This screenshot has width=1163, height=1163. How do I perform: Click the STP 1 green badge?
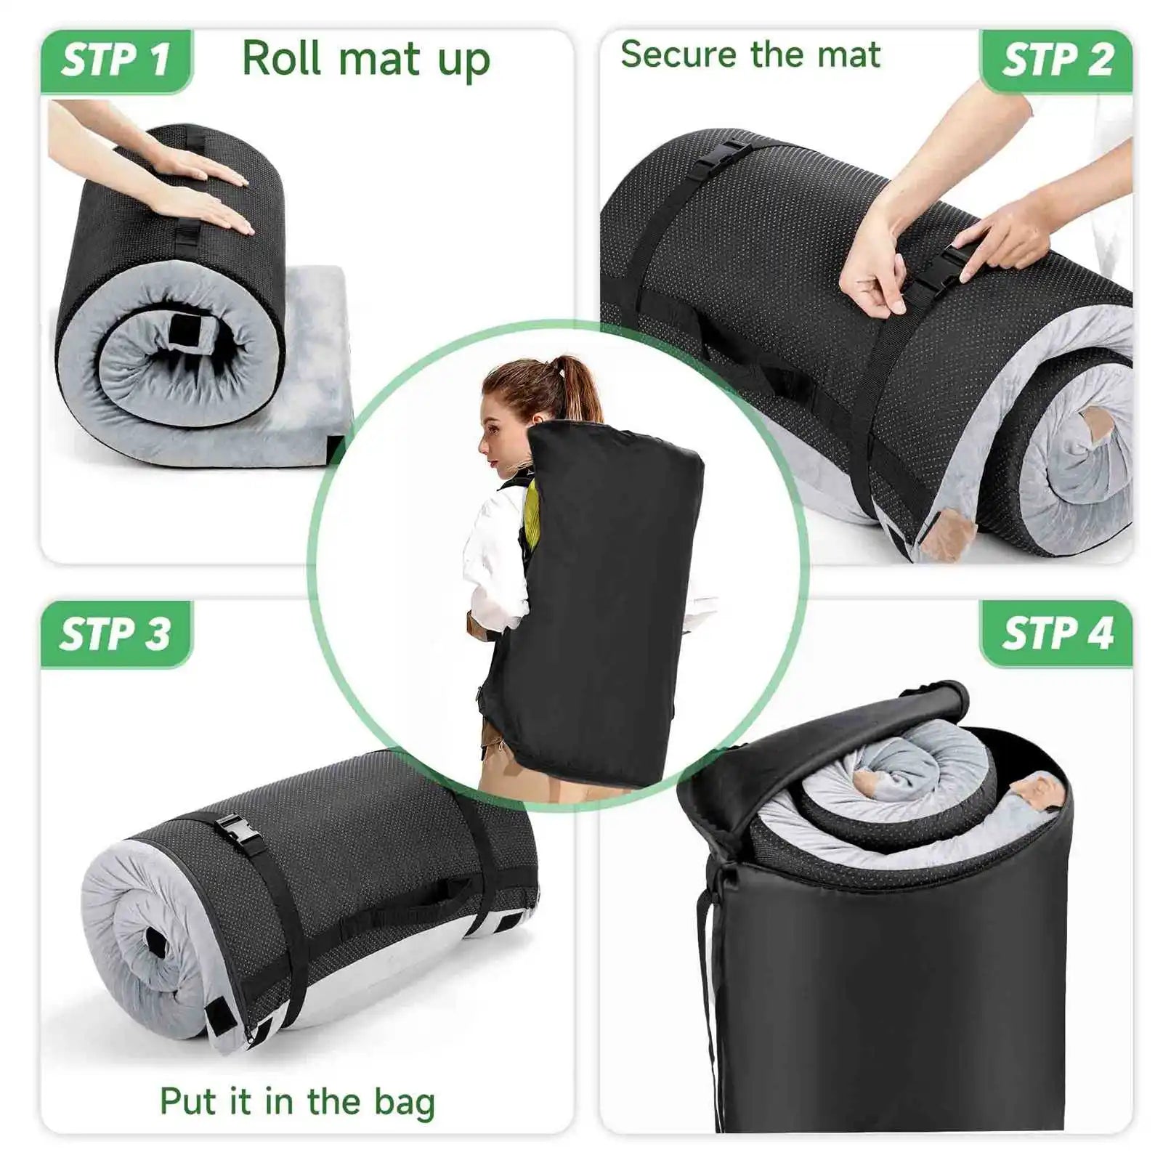tap(116, 61)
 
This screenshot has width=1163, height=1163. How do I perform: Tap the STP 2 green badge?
tap(1057, 61)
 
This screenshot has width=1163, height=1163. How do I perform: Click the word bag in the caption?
tap(404, 1103)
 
